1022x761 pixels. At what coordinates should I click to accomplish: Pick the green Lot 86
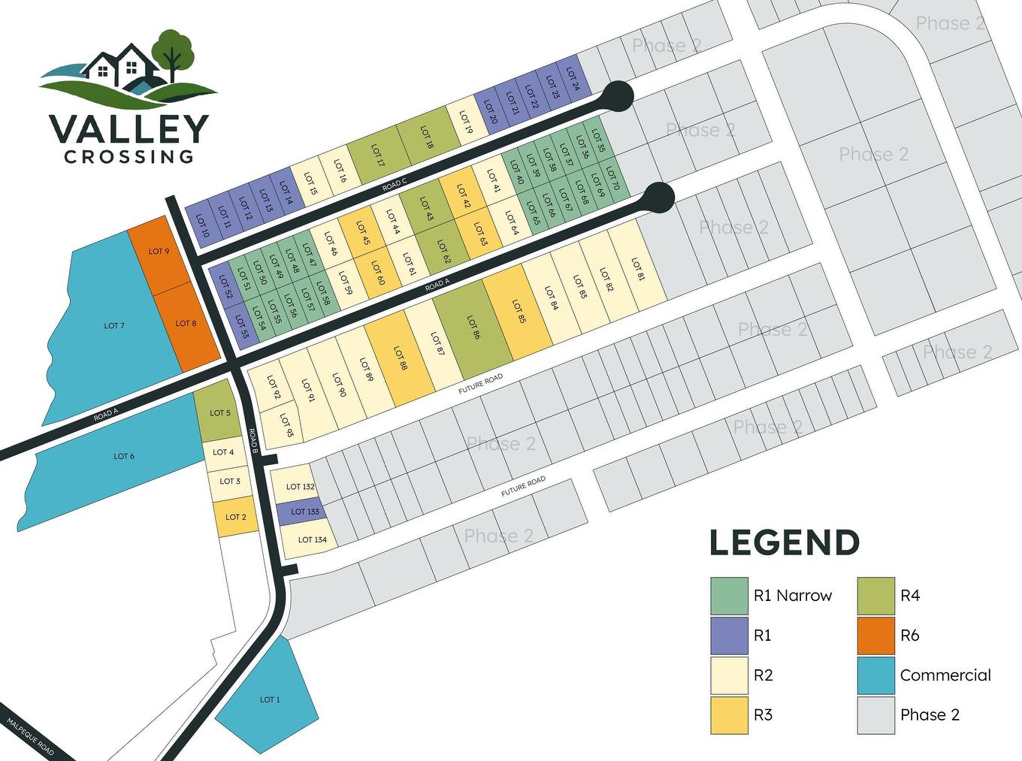click(473, 328)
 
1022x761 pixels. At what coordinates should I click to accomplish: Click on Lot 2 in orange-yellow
click(236, 518)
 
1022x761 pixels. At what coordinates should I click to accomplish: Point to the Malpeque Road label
click(31, 737)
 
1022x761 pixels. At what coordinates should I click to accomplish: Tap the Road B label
click(254, 441)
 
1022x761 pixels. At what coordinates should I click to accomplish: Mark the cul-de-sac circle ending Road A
click(658, 197)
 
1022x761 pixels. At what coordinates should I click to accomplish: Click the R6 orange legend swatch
click(875, 636)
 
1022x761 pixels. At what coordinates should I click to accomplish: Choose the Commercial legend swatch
click(875, 675)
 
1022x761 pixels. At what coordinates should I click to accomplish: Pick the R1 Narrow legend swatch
click(729, 596)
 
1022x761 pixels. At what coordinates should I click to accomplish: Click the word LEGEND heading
click(785, 542)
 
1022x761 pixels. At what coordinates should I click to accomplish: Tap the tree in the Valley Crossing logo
click(172, 50)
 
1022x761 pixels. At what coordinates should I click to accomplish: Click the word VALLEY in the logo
click(129, 129)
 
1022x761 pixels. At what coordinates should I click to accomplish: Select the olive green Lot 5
click(217, 411)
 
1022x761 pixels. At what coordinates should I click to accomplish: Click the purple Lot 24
click(572, 78)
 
